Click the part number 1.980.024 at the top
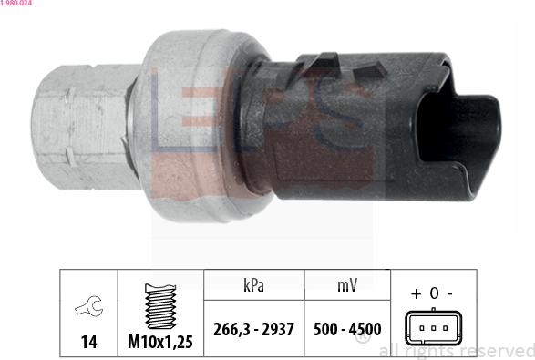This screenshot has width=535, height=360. (16, 3)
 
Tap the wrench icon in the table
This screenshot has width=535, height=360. (88, 306)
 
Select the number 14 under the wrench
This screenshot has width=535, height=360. (89, 341)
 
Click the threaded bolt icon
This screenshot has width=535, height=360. (160, 306)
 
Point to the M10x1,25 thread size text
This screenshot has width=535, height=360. (160, 341)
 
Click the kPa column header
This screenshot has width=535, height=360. (253, 285)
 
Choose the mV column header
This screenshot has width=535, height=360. (347, 285)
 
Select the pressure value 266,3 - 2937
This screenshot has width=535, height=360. (253, 329)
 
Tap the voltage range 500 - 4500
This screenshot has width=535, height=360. (347, 329)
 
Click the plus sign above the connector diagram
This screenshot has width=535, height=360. (416, 293)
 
